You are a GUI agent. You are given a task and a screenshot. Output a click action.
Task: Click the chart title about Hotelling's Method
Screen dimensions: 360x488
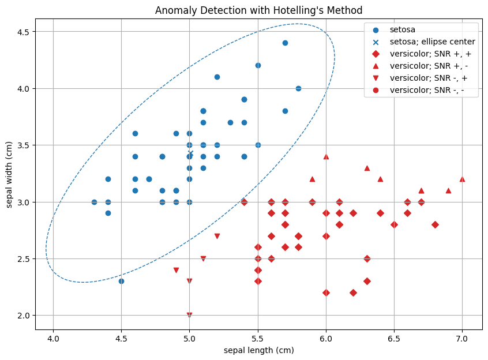pos(258,10)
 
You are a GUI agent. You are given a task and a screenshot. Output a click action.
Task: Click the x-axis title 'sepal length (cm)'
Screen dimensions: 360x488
pos(258,350)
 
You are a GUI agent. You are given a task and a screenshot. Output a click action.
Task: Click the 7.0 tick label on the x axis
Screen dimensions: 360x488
pos(462,334)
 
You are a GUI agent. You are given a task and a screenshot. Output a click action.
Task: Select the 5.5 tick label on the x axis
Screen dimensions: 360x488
pos(258,334)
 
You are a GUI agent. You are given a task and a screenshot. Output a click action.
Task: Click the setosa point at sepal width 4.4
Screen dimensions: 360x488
pos(285,43)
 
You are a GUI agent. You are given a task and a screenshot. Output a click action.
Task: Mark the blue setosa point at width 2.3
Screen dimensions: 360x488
pos(121,281)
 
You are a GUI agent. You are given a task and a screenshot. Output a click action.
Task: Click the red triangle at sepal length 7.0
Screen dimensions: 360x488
pos(462,179)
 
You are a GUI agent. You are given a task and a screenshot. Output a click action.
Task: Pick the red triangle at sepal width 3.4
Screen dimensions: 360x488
pos(326,156)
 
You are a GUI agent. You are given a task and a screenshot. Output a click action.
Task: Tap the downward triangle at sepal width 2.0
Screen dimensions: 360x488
pos(189,316)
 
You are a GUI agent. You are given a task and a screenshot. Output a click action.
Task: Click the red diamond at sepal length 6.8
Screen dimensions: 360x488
pos(435,224)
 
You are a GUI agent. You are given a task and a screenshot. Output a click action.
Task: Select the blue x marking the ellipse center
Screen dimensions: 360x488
pos(190,153)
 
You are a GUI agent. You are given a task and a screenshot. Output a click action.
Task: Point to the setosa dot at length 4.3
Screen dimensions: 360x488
pos(94,202)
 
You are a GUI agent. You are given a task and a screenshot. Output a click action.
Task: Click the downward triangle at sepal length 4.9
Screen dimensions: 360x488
pos(176,270)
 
